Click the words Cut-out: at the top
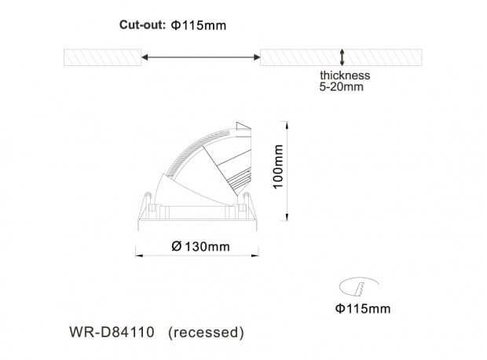[x=142, y=25]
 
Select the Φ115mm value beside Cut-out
[x=199, y=25]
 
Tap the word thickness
[x=345, y=75]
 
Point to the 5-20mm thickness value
[x=342, y=86]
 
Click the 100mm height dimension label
[x=278, y=167]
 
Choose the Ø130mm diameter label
[x=200, y=247]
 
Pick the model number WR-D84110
[x=112, y=332]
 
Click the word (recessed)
[x=206, y=332]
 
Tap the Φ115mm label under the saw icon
[x=363, y=309]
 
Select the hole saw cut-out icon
[x=358, y=287]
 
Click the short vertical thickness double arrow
[x=342, y=57]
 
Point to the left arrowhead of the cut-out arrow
[x=145, y=57]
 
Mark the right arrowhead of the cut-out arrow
[x=257, y=57]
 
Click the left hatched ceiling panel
[x=102, y=57]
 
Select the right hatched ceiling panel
[x=341, y=57]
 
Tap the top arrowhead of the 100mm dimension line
[x=287, y=124]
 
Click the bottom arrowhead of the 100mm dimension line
[x=287, y=218]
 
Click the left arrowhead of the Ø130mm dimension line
[x=139, y=255]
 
